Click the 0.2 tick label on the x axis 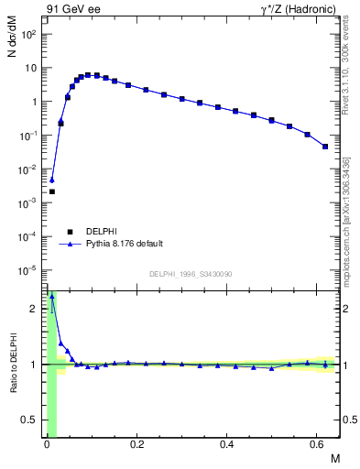(137, 443)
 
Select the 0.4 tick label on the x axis (227, 443)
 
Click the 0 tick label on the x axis (47, 443)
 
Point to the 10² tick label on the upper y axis (29, 35)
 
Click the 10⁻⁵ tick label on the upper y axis (28, 270)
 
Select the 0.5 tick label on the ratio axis (30, 420)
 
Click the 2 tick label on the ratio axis (35, 309)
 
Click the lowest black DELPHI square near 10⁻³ (52, 191)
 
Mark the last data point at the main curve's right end (325, 147)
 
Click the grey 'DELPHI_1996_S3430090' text (191, 274)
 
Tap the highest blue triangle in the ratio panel (52, 297)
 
